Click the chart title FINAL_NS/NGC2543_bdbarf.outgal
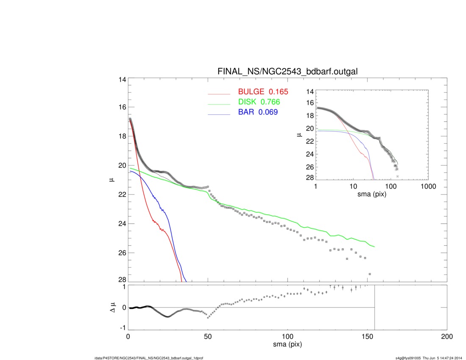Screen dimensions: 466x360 pyautogui.click(x=287, y=72)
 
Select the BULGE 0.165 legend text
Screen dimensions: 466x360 pyautogui.click(x=263, y=91)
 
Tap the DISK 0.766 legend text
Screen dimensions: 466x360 pyautogui.click(x=259, y=102)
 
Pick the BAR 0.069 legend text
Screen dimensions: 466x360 pyautogui.click(x=258, y=112)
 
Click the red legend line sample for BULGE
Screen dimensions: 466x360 pyautogui.click(x=219, y=94)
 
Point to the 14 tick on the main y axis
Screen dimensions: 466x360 pyautogui.click(x=122, y=80)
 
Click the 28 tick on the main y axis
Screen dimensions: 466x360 pyautogui.click(x=122, y=280)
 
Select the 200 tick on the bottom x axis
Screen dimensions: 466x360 pyautogui.click(x=447, y=337)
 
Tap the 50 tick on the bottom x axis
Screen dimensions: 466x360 pyautogui.click(x=208, y=337)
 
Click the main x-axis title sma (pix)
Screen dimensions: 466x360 pyautogui.click(x=287, y=344)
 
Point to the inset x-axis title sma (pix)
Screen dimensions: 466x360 pyautogui.click(x=372, y=194)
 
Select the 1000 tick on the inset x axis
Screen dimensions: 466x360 pyautogui.click(x=428, y=186)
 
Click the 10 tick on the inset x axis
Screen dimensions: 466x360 pyautogui.click(x=353, y=186)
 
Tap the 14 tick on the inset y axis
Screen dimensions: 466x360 pyautogui.click(x=310, y=92)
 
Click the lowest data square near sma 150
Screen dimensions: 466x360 pyautogui.click(x=370, y=274)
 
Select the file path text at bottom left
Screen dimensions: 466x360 pyautogui.click(x=149, y=358)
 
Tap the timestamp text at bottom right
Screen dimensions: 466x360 pyautogui.click(x=429, y=358)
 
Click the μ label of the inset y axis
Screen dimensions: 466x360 pyautogui.click(x=299, y=135)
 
